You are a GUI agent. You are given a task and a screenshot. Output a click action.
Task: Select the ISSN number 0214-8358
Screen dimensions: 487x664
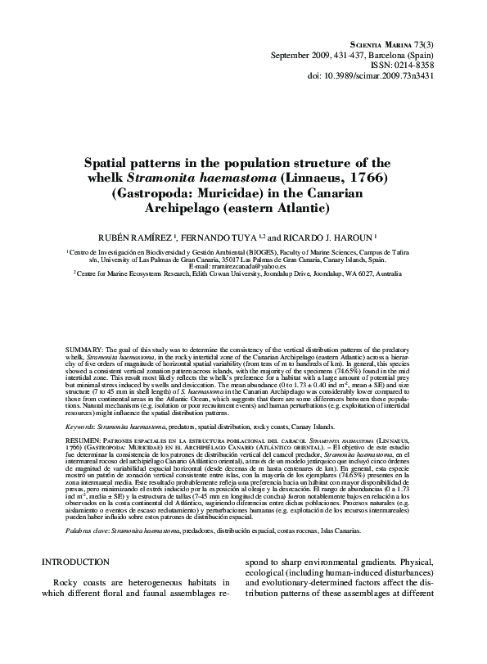(432, 64)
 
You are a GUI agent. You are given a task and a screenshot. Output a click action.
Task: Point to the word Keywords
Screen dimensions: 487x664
(81, 427)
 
